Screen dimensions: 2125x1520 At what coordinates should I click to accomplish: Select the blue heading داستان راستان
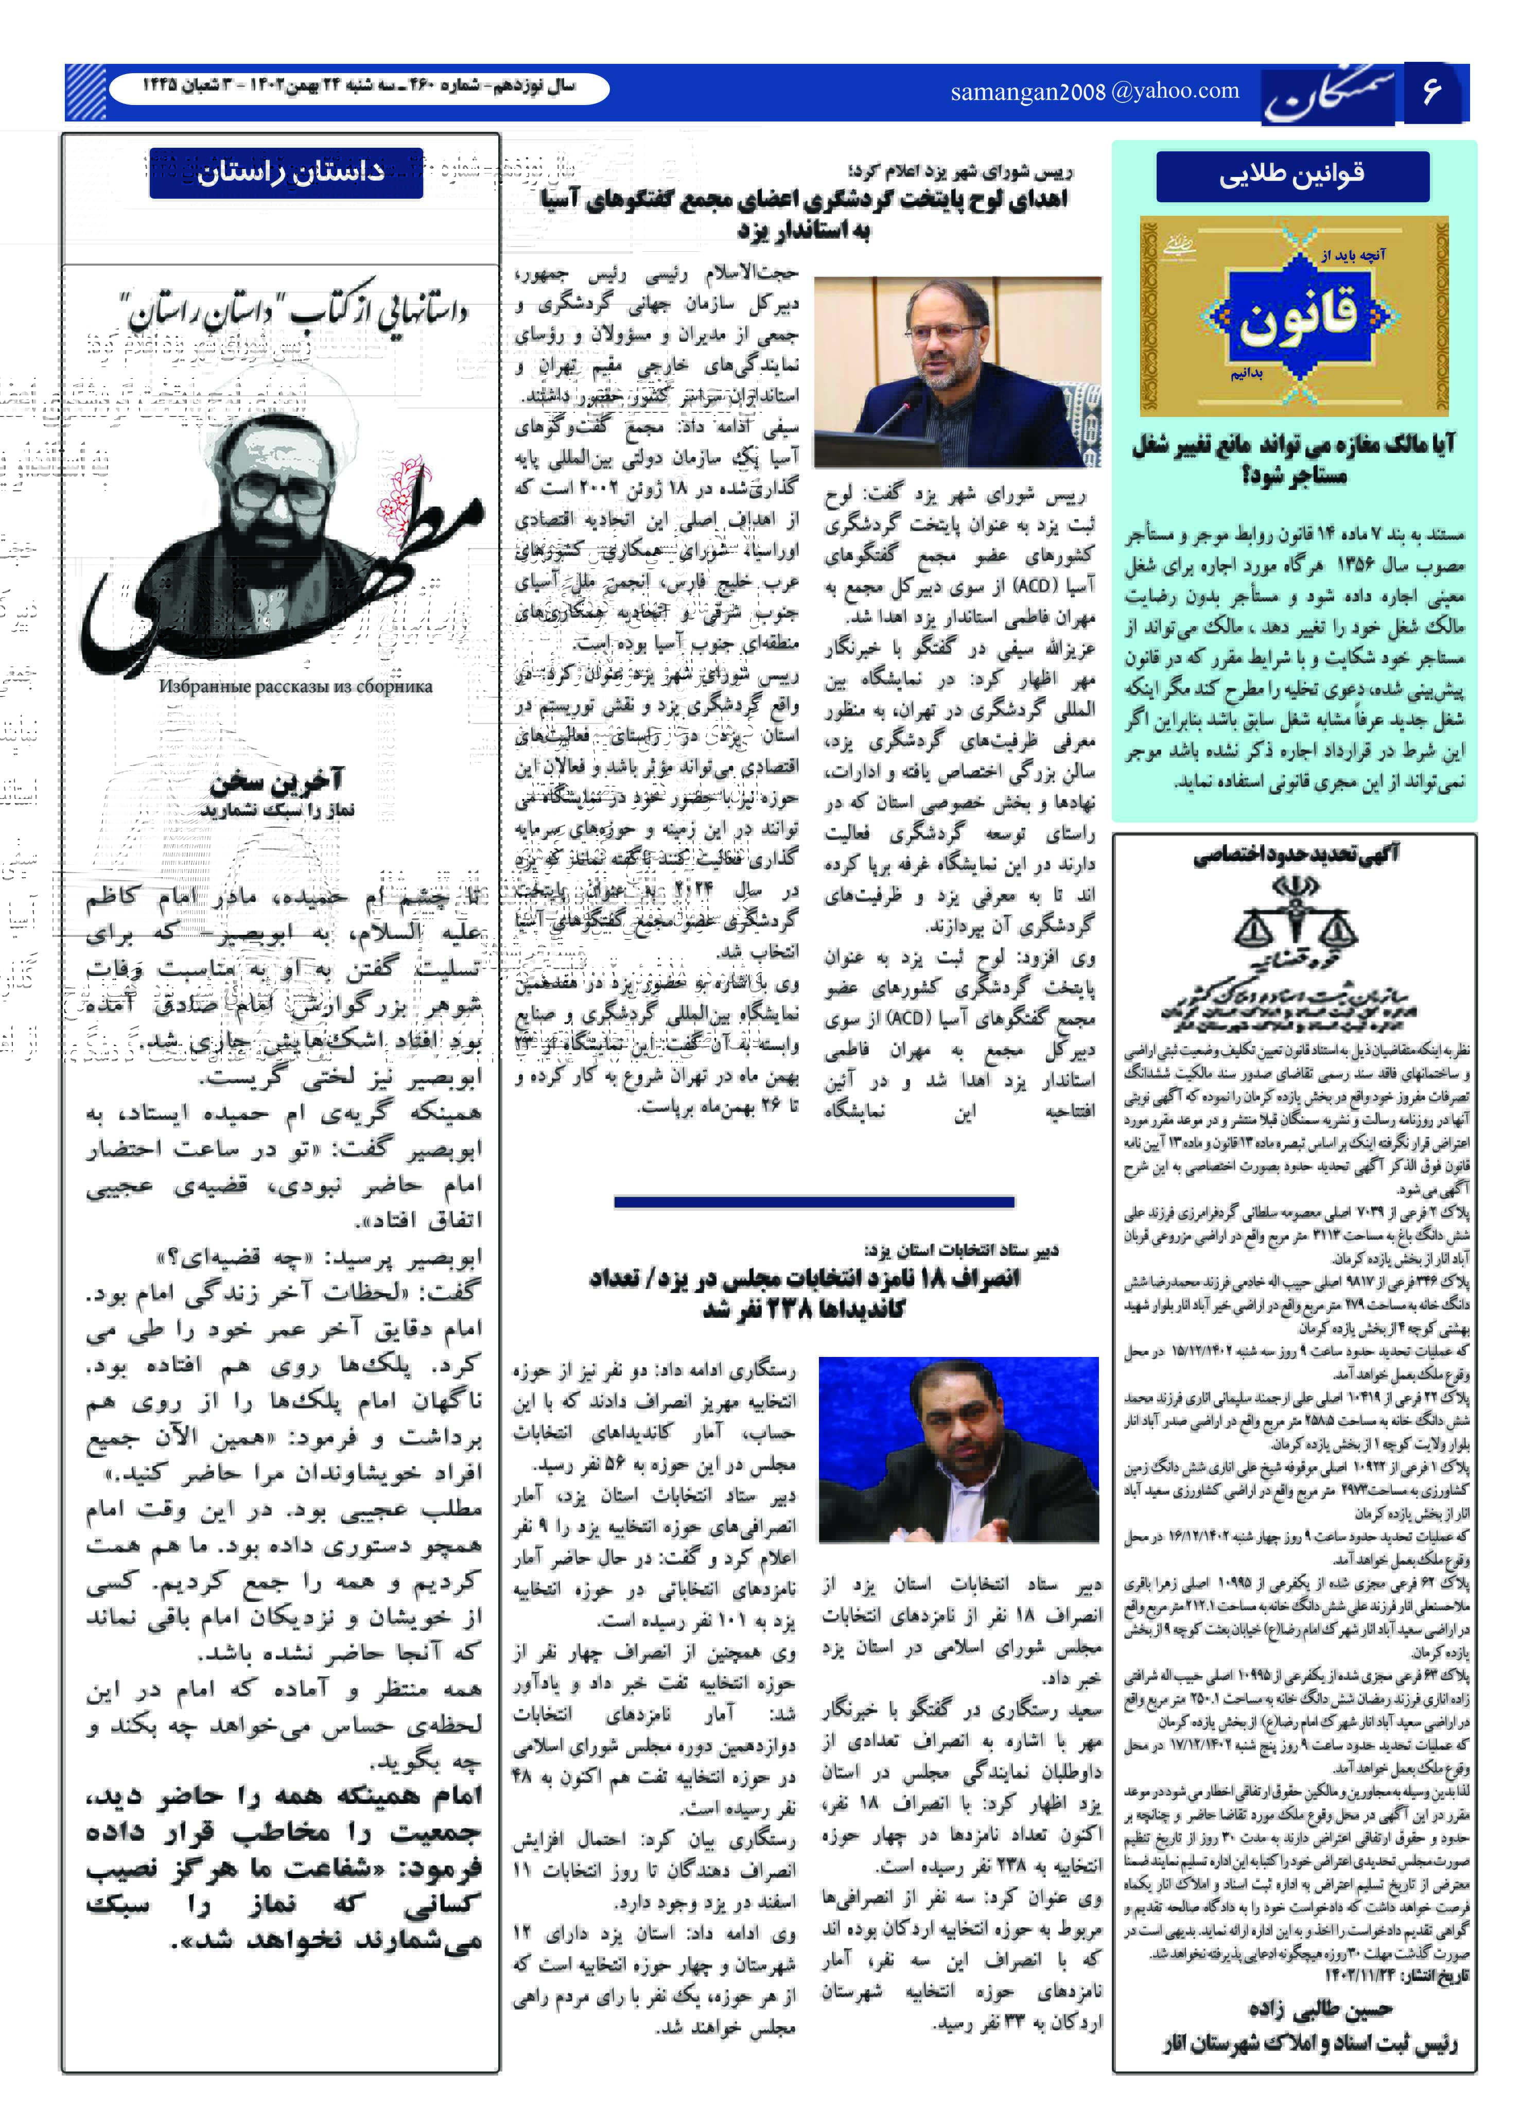click(286, 172)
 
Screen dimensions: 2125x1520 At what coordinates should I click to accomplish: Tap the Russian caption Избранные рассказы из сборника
click(296, 686)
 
